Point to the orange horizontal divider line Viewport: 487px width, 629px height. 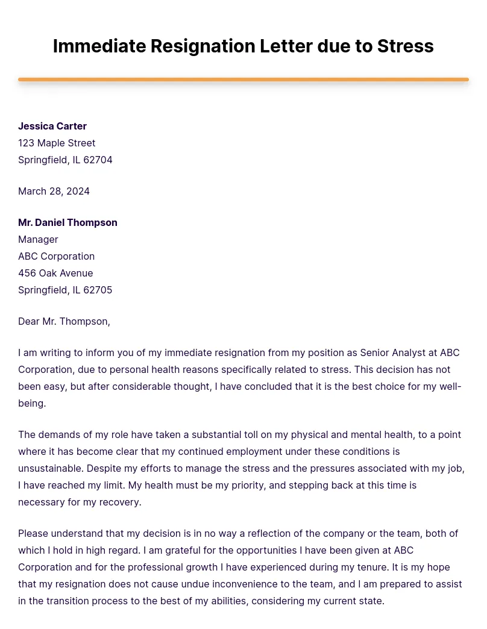coord(243,80)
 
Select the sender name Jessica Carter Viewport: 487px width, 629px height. coord(52,126)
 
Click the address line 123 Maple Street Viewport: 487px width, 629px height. coord(57,143)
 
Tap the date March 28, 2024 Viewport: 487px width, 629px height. coord(54,191)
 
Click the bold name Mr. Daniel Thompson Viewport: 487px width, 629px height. coord(68,222)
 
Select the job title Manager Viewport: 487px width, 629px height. coord(38,239)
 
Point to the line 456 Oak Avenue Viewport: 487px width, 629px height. coord(55,273)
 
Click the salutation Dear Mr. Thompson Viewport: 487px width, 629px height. coord(64,321)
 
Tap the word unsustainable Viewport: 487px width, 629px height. coord(50,468)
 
